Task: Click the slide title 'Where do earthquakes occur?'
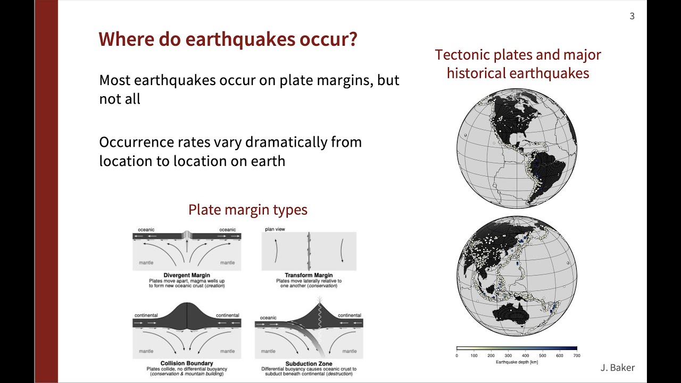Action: tap(228, 40)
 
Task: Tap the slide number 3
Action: tap(632, 16)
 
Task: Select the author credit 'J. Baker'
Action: tap(617, 368)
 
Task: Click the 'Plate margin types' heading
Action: tap(248, 210)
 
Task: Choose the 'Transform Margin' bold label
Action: tap(309, 276)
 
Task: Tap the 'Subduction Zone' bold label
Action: tap(309, 364)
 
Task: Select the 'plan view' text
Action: tap(276, 230)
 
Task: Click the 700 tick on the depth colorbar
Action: tap(576, 355)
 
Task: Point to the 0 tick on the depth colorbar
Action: tap(457, 355)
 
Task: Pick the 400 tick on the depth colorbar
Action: tap(525, 355)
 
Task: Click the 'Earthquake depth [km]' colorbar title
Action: tap(517, 362)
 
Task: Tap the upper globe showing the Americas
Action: tap(517, 148)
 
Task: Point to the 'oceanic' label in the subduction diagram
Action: tap(268, 318)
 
